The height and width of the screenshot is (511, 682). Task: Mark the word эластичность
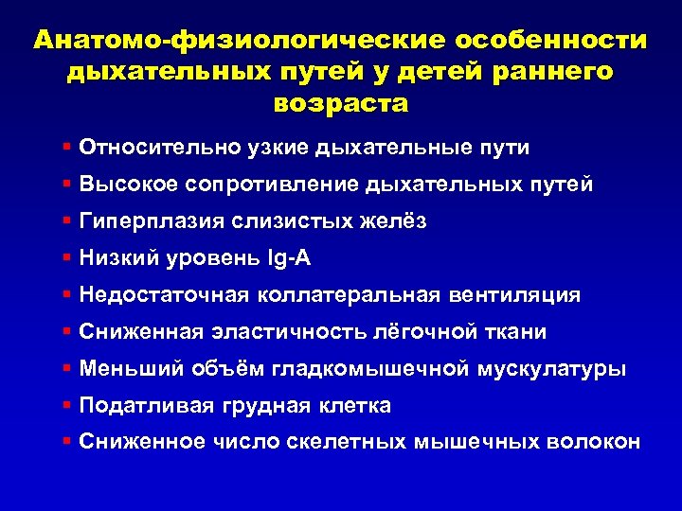[283, 332]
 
